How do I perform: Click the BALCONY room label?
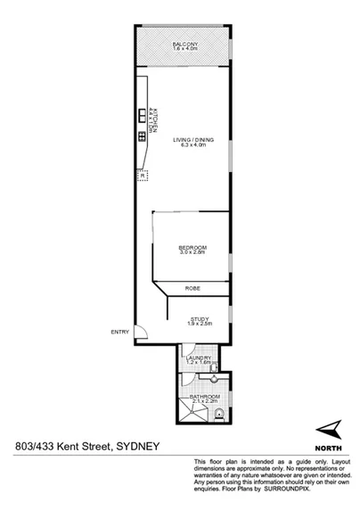184,45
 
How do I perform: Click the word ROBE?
192,289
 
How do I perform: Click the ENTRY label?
119,333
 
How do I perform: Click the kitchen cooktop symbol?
142,137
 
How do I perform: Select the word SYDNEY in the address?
138,448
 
